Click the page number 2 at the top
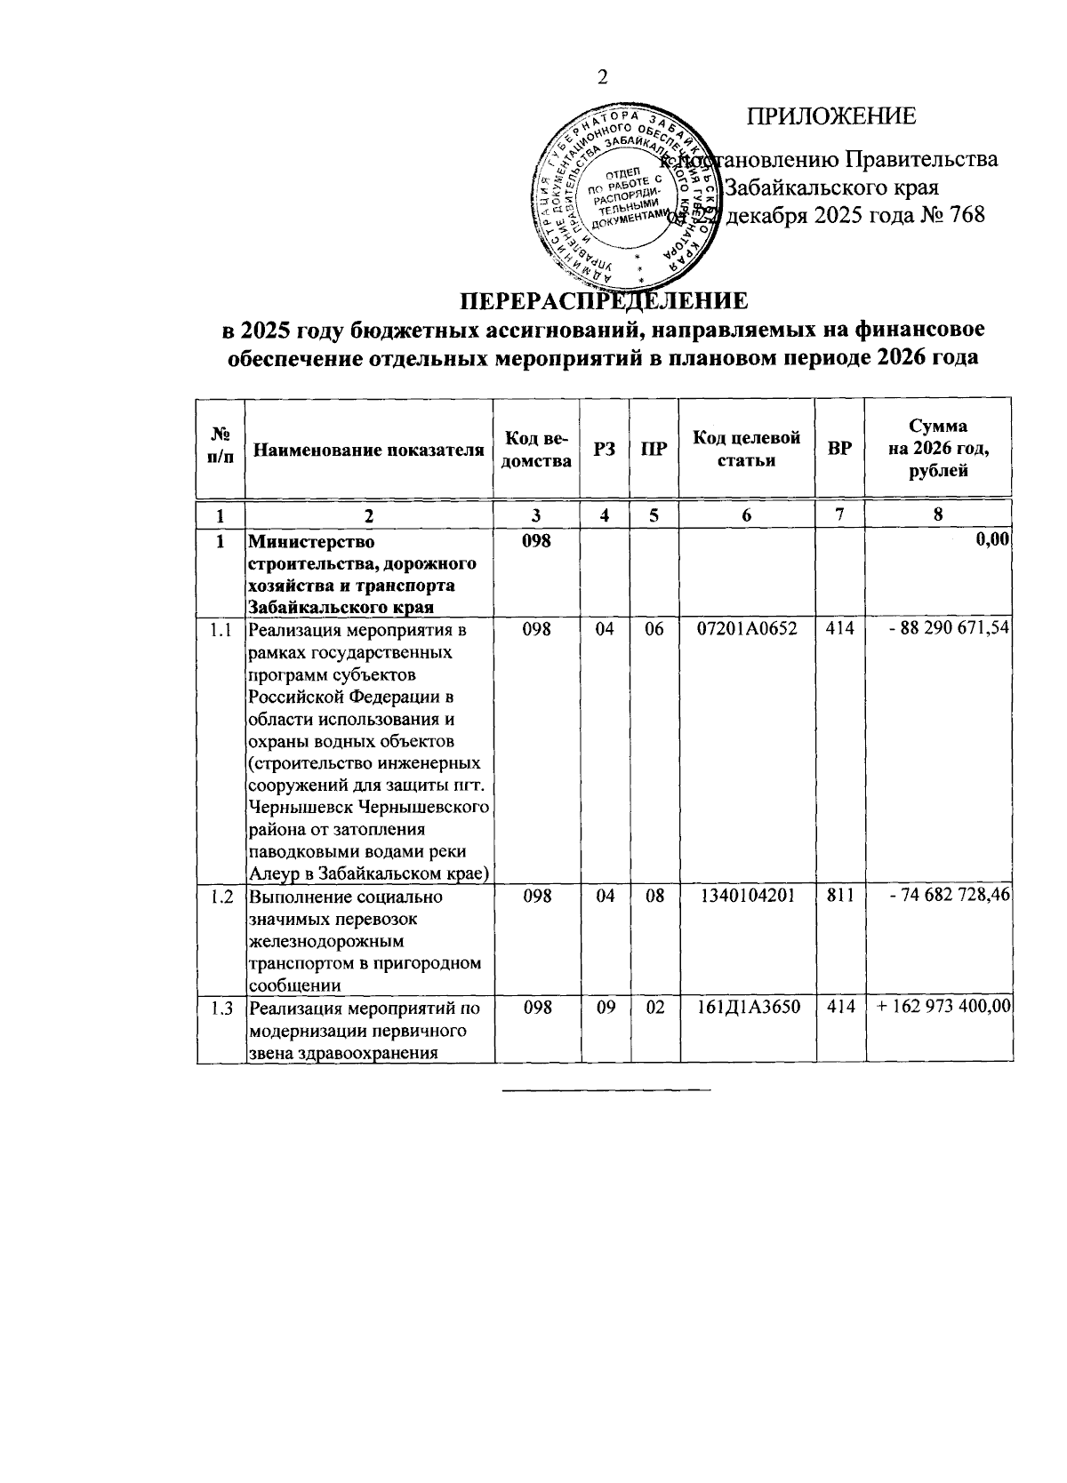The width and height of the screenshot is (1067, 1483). click(602, 78)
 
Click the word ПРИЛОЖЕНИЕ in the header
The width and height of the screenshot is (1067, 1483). click(830, 116)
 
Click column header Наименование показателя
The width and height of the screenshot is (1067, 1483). click(369, 450)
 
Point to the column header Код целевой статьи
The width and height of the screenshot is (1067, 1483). click(746, 449)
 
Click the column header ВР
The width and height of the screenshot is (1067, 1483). click(839, 450)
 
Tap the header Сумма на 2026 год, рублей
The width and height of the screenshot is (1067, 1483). click(938, 449)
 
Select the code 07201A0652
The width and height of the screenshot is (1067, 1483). click(747, 629)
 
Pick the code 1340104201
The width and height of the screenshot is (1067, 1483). click(747, 896)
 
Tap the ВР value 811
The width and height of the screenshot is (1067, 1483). click(839, 896)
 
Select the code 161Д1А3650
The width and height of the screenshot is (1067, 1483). click(747, 1007)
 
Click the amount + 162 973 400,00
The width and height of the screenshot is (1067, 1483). click(943, 1007)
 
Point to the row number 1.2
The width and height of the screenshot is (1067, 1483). click(220, 896)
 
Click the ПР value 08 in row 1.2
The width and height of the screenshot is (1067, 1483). click(654, 896)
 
